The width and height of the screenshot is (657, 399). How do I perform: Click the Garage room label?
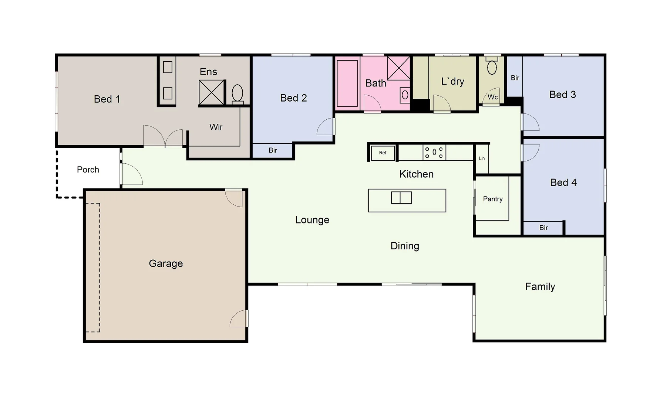pos(166,263)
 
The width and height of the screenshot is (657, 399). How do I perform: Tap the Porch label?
pos(88,170)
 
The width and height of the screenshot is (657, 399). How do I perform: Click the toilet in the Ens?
pos(237,93)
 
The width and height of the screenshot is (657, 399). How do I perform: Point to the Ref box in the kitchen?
pos(383,153)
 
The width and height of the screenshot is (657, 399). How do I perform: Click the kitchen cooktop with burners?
pos(434,152)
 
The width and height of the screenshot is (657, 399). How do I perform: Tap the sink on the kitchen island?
pos(401,198)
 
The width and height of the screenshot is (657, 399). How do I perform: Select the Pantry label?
pos(493,199)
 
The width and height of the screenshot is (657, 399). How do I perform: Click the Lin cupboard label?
pos(482,158)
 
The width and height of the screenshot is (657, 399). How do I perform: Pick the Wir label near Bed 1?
pos(216,127)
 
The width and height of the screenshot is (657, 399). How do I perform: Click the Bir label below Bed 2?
pos(273,150)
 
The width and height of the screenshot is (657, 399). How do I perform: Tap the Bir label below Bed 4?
pos(543,228)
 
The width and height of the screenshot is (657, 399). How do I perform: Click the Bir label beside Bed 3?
pos(515,78)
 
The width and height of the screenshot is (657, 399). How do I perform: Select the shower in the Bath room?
pos(398,68)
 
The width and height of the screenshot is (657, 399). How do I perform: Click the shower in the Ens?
pos(212,92)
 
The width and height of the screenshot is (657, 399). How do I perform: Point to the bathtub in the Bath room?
pos(347,83)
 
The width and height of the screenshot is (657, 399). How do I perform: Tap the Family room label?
pos(540,287)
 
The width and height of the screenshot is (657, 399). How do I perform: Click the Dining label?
pos(405,246)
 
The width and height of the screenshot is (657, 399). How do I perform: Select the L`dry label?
pos(452,81)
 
